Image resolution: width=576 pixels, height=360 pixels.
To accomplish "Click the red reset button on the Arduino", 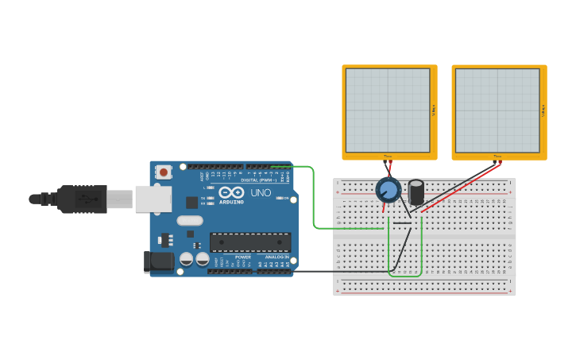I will click(164, 172).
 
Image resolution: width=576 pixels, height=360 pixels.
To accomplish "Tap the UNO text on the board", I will click(261, 193).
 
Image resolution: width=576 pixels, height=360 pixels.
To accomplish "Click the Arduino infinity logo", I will click(232, 192).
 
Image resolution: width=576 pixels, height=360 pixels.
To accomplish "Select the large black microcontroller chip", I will click(249, 242).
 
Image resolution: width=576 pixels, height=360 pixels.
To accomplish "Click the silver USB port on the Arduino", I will click(153, 199).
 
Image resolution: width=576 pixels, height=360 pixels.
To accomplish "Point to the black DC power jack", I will click(159, 262).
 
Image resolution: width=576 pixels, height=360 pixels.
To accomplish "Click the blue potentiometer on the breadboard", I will click(388, 190).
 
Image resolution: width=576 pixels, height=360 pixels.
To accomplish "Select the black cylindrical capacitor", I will click(416, 192).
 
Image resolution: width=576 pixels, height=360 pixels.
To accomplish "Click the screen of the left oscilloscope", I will click(388, 110).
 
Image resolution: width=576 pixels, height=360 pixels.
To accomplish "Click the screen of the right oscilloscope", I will click(497, 110).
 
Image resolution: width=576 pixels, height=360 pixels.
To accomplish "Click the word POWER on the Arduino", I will click(243, 257).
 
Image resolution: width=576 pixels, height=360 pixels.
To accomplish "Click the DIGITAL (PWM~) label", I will click(259, 180).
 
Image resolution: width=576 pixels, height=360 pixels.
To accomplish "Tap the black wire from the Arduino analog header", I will click(342, 271).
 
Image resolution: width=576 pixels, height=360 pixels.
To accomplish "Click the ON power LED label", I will click(286, 199).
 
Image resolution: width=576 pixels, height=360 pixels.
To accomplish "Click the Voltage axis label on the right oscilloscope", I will click(543, 110).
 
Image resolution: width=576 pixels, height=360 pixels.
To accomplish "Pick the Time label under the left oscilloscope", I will click(388, 156).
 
